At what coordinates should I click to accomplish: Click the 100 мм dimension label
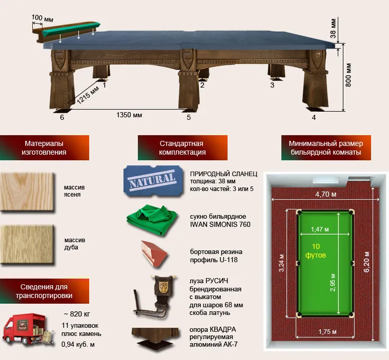coord(42,18)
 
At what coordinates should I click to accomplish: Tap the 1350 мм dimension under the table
coord(129,115)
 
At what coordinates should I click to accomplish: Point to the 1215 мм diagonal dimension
coord(88,95)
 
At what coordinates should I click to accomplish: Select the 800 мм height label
coord(349,75)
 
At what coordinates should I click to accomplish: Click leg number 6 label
coord(62,117)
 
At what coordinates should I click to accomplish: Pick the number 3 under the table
coord(272,85)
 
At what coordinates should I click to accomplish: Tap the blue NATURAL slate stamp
coord(153,180)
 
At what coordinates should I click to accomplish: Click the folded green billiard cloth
coord(152,219)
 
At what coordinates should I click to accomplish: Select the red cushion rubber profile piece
coord(154,253)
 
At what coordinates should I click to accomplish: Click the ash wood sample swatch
coord(27,192)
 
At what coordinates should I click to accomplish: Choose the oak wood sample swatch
coord(27,244)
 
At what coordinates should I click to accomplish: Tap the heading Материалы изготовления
coord(44,148)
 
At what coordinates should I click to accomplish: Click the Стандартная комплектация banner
coord(182,148)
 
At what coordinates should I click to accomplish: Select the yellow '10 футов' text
coord(316,250)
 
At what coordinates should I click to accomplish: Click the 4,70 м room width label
coord(326,195)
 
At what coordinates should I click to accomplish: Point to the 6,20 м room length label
coord(366,262)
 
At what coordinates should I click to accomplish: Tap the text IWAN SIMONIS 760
coord(220,224)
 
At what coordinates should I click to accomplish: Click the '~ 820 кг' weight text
coord(77,314)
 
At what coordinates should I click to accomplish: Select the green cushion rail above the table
coord(72,29)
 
